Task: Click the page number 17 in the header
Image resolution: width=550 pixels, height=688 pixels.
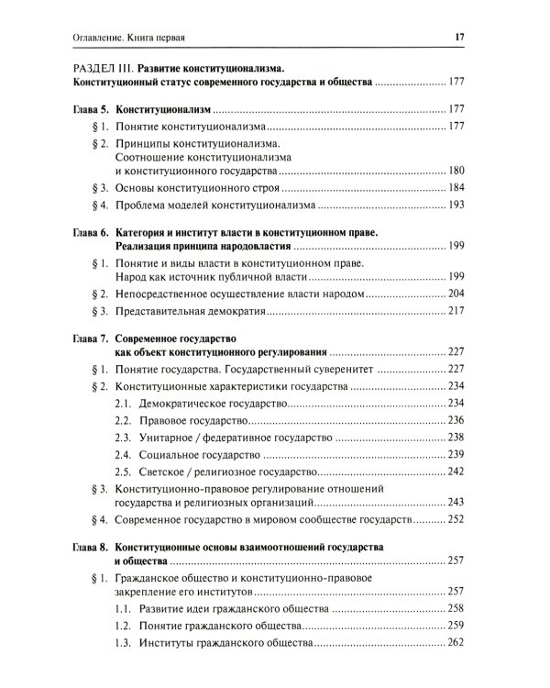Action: click(461, 37)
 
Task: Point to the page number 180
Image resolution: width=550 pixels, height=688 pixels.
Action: click(458, 172)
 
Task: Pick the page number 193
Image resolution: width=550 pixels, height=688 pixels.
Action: click(458, 205)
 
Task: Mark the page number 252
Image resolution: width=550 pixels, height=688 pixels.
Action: click(458, 519)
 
